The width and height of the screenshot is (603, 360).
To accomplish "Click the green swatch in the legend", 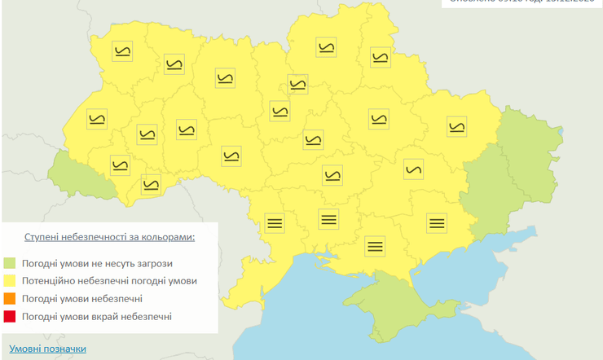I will click(x=10, y=263).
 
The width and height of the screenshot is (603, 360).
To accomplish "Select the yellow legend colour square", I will click(x=10, y=281).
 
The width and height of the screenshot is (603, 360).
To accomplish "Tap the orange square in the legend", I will click(x=10, y=299).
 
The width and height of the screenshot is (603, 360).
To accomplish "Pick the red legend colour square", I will click(x=10, y=316).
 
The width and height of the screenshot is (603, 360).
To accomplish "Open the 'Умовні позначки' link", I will click(x=47, y=349).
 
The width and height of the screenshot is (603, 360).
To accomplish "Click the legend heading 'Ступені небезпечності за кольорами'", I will click(x=110, y=237).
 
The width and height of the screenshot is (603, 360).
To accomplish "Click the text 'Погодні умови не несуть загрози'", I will click(x=98, y=263).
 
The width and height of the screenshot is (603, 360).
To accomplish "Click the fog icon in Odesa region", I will click(x=275, y=222).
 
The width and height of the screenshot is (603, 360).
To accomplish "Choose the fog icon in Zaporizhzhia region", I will click(x=437, y=222).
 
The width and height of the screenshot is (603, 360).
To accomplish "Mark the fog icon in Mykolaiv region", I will click(x=328, y=217).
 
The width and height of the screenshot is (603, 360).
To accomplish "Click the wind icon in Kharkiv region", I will click(x=456, y=126).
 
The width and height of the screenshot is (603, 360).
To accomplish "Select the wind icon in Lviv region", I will click(x=96, y=120).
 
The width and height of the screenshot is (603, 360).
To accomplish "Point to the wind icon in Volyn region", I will click(x=123, y=51).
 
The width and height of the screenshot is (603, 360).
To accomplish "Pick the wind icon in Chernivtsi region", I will click(x=151, y=184).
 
